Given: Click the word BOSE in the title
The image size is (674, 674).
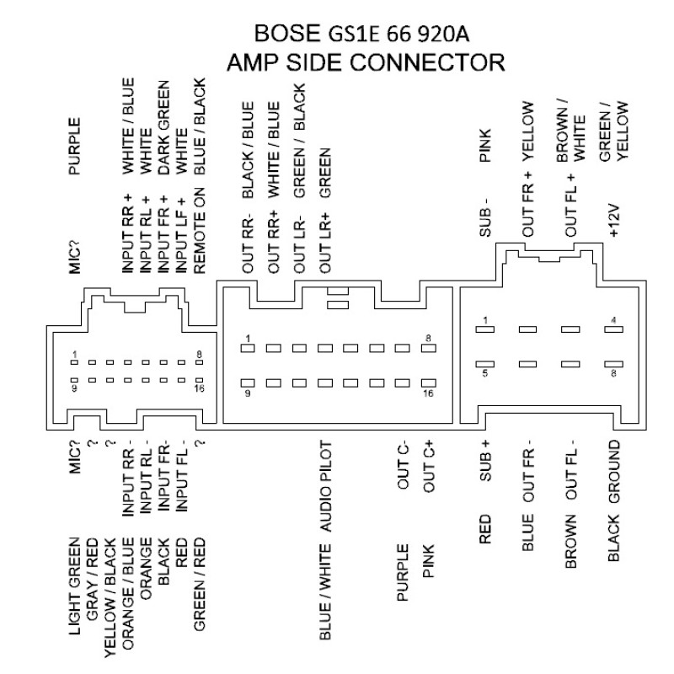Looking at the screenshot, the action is pos(287,33).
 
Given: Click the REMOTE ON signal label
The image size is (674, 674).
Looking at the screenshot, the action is pos(200,230).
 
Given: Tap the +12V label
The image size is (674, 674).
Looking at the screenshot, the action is pos(614,221).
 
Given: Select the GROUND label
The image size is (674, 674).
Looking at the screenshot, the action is pos(614,471).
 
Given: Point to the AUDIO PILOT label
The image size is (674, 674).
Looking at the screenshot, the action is pos(326,487).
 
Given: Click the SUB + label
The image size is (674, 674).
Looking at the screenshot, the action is pos(485,461).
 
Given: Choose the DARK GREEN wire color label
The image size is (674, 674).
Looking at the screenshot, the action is pos(163,128).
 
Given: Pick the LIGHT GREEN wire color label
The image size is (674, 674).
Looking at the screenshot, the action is pos(74,586).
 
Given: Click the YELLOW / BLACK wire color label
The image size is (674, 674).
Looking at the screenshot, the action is pos(110,598).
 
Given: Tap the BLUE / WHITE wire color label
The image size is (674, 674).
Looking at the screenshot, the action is pos(326,592).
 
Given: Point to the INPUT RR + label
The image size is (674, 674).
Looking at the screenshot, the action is pos(128,234).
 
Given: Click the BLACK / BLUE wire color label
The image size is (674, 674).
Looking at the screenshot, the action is pos(248,150).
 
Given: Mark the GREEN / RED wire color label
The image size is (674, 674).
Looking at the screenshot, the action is pos(200,585).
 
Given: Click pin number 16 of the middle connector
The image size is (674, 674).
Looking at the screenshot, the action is pos(428,393).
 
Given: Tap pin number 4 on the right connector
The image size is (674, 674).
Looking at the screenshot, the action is pos(614,320).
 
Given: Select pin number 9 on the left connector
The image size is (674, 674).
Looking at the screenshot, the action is pos(75,388).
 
